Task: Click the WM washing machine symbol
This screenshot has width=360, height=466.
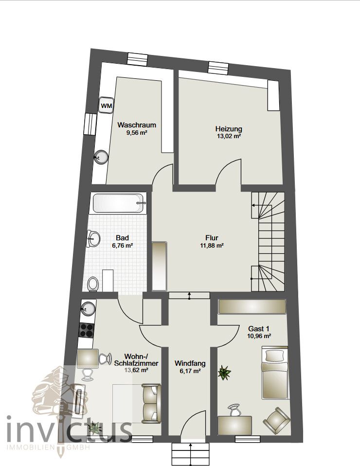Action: pyautogui.click(x=106, y=105)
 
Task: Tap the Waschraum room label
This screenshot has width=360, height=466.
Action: pyautogui.click(x=137, y=125)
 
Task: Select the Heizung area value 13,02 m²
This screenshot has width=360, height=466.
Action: pyautogui.click(x=229, y=136)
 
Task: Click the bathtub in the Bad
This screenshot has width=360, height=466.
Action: pyautogui.click(x=119, y=203)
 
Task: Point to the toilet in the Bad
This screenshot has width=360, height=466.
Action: pyautogui.click(x=93, y=284)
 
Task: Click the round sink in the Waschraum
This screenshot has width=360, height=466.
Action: pyautogui.click(x=101, y=157)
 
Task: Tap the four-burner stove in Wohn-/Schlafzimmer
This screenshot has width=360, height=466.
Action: pyautogui.click(x=87, y=330)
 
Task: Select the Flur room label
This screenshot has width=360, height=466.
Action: pyautogui.click(x=212, y=238)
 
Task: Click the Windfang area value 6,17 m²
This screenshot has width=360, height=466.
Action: pyautogui.click(x=190, y=371)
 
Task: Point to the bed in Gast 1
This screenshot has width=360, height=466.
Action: pyautogui.click(x=275, y=373)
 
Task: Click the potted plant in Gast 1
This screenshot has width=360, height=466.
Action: pyautogui.click(x=224, y=373)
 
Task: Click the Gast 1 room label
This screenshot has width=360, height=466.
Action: pyautogui.click(x=259, y=329)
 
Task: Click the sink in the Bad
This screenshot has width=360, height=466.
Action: pyautogui.click(x=93, y=238)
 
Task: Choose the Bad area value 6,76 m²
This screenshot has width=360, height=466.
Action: pyautogui.click(x=122, y=246)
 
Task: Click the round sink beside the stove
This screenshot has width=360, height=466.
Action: pyautogui.click(x=88, y=307)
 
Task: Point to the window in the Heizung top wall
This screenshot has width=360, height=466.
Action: pyautogui.click(x=218, y=67)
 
